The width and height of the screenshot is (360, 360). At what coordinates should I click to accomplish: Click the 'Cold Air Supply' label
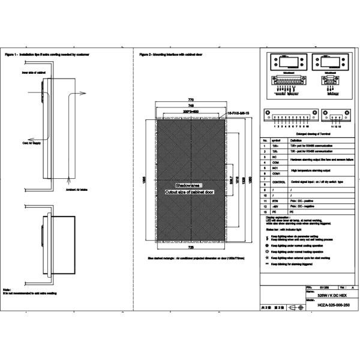[31, 144]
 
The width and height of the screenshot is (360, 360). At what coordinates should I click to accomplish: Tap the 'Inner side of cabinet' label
[33, 71]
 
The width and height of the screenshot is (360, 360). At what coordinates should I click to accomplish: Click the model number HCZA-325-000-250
[332, 304]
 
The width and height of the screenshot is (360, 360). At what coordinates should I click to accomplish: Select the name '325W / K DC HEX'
[329, 296]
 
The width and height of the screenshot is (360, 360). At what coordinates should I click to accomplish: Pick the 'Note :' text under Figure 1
[7, 289]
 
